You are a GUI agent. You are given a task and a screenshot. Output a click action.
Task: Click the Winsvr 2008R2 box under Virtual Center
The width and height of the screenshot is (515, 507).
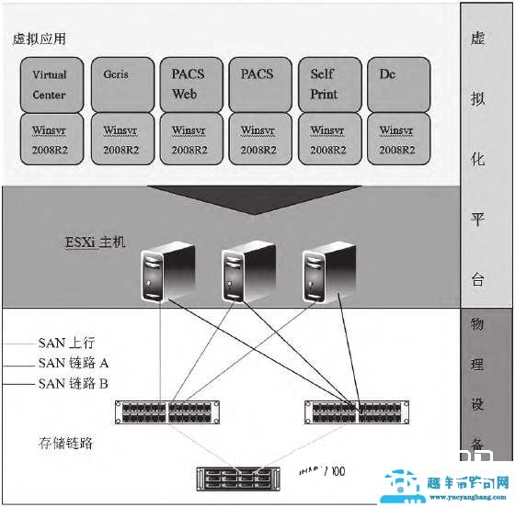(x=50, y=139)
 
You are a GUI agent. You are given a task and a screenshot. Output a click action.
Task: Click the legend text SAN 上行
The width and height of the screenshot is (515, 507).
(x=67, y=343)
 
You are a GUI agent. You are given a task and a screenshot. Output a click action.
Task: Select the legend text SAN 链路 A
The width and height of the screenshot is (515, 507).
(x=74, y=363)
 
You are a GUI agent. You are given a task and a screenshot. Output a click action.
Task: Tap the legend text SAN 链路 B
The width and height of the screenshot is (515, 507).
(x=74, y=383)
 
